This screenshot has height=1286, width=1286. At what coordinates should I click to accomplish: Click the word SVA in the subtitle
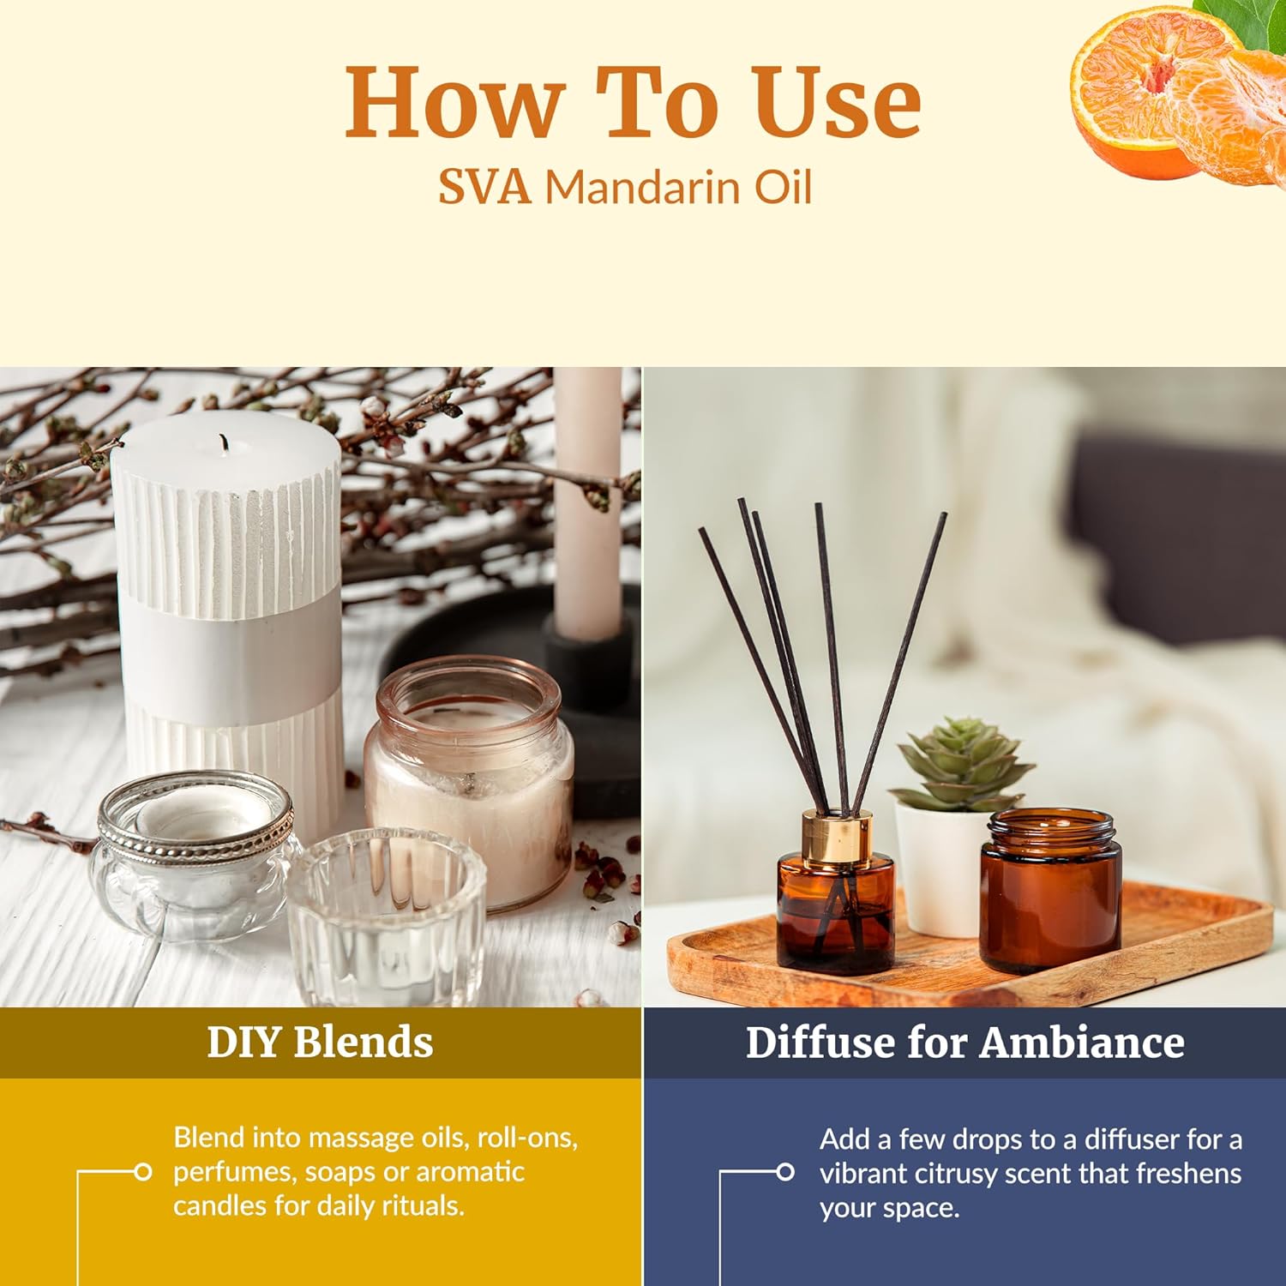click(484, 186)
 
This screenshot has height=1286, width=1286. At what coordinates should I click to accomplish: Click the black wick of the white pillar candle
click(225, 442)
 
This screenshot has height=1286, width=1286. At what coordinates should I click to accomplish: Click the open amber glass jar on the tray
click(1051, 892)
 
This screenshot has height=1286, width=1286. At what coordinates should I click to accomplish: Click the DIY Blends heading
click(320, 1042)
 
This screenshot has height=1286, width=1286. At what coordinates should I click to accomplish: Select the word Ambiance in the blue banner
click(1082, 1043)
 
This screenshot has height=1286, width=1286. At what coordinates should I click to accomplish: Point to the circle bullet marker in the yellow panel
click(143, 1171)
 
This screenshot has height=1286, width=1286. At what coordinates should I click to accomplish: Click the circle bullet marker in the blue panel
click(784, 1172)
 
